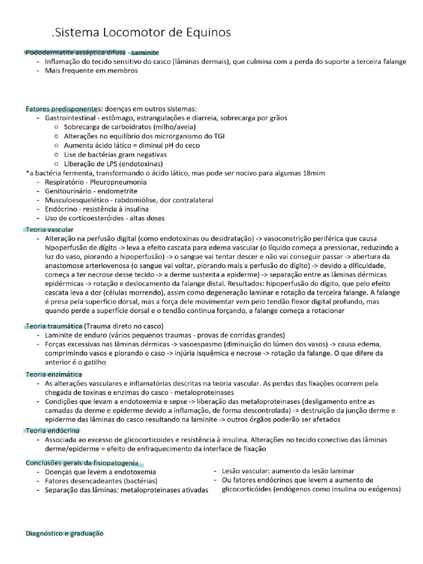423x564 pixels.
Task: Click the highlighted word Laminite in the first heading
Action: point(145,52)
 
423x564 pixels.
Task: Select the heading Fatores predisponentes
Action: point(62,109)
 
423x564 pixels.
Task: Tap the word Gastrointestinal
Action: point(72,118)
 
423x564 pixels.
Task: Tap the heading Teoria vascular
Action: point(50,229)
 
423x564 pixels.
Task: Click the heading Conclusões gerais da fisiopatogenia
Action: point(82,463)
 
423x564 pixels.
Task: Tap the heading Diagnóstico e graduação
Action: point(64,534)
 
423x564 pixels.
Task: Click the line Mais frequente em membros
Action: point(91,70)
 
